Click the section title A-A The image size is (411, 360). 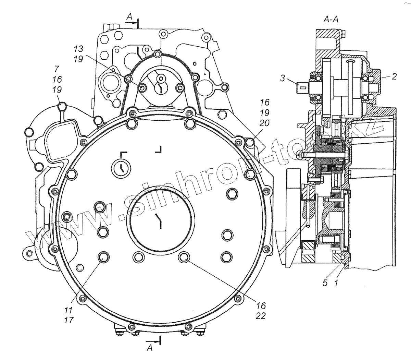coord(331,20)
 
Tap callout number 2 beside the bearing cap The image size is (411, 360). coord(394,76)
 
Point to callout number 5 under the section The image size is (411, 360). coord(325,283)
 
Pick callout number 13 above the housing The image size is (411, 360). coord(78,48)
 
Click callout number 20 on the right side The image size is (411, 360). coord(264,123)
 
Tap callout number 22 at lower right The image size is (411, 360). coord(261,316)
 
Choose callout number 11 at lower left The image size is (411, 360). coord(69,310)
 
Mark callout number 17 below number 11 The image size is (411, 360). coord(69,320)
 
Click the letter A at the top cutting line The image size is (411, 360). coord(129,16)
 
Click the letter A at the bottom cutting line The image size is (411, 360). coord(149,348)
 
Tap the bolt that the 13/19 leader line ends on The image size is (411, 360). coord(142,88)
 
